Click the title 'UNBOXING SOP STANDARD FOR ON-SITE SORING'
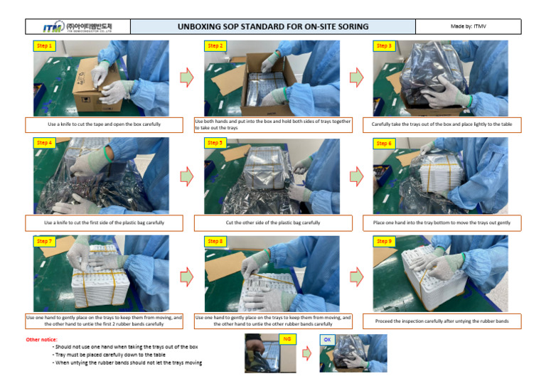[273, 27]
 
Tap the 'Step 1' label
[44, 46]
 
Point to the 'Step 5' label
[215, 143]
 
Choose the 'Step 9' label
[383, 242]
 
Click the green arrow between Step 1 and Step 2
[186, 77]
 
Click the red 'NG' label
[287, 339]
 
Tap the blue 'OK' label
[327, 339]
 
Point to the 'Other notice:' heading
[41, 339]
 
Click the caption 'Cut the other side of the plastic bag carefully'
[273, 223]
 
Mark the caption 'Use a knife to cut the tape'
[104, 124]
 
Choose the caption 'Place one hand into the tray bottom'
[441, 223]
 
